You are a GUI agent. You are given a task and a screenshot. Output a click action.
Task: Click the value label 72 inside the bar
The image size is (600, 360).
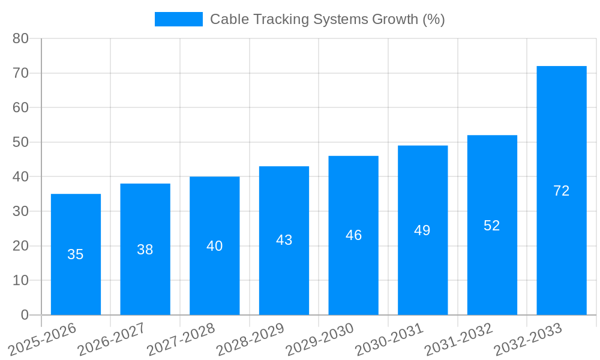click(x=561, y=191)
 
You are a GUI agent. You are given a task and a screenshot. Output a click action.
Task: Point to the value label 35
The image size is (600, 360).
click(x=76, y=254)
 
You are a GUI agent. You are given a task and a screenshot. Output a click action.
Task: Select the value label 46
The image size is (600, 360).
click(x=353, y=235)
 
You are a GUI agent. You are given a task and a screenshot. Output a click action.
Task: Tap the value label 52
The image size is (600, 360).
click(x=491, y=226)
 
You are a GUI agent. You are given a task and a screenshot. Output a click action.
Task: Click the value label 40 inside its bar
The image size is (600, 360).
click(x=214, y=246)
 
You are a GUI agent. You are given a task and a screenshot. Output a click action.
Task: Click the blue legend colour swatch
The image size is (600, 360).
click(x=178, y=19)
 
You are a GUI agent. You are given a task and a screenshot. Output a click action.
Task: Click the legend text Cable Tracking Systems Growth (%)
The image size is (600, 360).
click(x=327, y=19)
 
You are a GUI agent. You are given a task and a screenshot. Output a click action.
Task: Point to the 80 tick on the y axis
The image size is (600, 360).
click(x=21, y=38)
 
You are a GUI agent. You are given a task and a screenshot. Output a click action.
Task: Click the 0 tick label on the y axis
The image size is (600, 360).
click(x=25, y=315)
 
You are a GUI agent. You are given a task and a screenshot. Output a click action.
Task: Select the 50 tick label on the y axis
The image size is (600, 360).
click(x=21, y=142)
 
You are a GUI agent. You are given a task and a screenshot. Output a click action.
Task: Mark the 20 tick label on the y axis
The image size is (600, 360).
click(x=21, y=246)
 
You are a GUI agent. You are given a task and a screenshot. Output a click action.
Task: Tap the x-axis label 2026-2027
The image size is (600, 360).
click(x=112, y=339)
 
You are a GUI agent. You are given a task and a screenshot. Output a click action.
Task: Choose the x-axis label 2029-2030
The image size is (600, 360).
click(x=320, y=339)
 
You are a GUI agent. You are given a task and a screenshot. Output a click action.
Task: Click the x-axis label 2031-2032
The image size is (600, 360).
click(x=458, y=339)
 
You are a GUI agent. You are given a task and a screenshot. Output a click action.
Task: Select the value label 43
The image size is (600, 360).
click(x=284, y=240)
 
